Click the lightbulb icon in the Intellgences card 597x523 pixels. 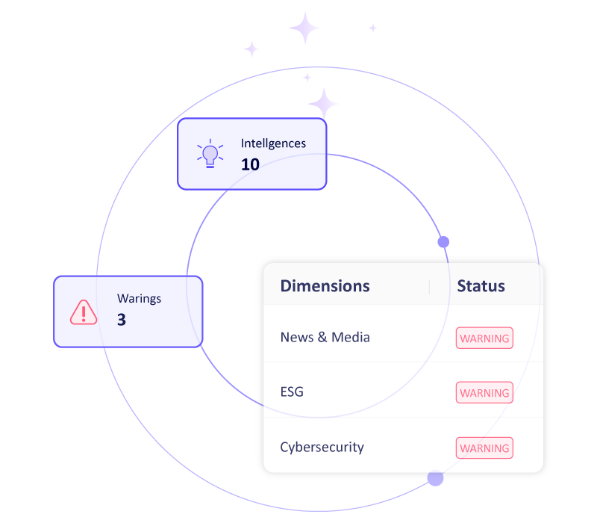click(x=210, y=154)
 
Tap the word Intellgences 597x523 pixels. click(x=273, y=143)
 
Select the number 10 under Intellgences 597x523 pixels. click(x=250, y=164)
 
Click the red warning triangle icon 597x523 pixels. click(x=84, y=312)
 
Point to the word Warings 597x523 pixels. click(x=139, y=299)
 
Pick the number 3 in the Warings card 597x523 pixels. click(x=122, y=320)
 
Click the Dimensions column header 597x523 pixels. click(x=325, y=286)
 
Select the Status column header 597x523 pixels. click(x=481, y=286)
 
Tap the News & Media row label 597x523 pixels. click(x=325, y=337)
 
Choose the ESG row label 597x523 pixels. click(x=292, y=392)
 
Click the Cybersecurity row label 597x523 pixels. click(x=322, y=447)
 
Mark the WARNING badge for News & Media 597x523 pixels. click(x=484, y=338)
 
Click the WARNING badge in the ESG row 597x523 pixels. click(x=484, y=393)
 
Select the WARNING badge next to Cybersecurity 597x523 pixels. click(x=484, y=448)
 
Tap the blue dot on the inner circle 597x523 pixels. click(x=443, y=242)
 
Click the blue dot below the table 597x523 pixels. click(x=435, y=478)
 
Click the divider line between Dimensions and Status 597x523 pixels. click(x=429, y=287)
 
